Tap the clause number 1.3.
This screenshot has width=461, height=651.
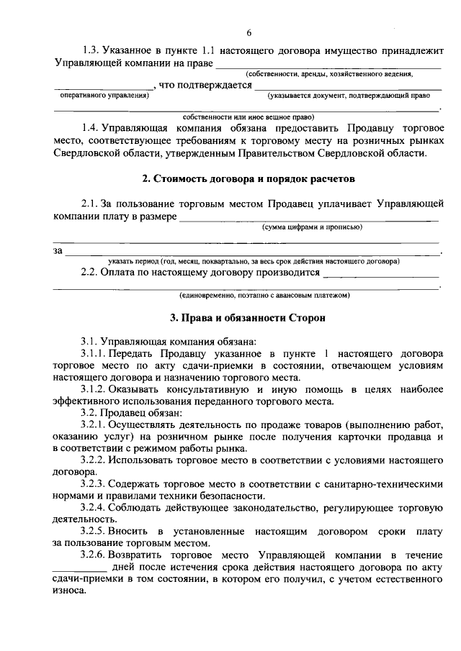coord(91,51)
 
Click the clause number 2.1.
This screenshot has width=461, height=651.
coord(91,204)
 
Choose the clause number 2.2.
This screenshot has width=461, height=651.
coord(91,273)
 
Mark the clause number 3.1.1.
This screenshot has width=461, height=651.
coord(96,355)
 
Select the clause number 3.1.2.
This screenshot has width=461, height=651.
coord(96,388)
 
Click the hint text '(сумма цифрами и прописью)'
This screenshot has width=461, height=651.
coord(311,227)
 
